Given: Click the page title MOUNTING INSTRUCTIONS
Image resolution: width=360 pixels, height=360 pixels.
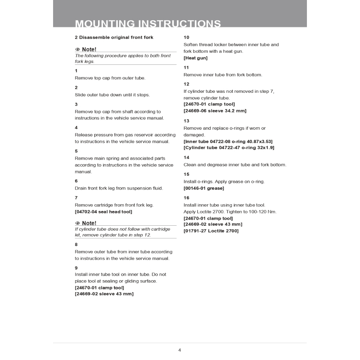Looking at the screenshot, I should click(x=148, y=24).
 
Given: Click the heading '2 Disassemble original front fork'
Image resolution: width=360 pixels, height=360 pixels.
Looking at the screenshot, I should click(x=114, y=37).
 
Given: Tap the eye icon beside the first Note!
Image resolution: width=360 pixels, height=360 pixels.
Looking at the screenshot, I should click(x=78, y=50).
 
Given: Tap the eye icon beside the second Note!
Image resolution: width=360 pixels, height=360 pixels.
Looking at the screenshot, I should click(x=78, y=223).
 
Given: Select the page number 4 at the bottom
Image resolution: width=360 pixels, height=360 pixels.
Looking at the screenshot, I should click(x=180, y=350).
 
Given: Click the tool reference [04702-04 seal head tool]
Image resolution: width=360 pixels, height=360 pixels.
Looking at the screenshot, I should click(x=103, y=212).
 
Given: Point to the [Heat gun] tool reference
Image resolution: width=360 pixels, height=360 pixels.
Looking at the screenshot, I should click(x=195, y=58).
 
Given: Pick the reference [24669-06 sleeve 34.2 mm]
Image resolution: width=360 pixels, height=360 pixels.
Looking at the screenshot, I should click(x=215, y=111).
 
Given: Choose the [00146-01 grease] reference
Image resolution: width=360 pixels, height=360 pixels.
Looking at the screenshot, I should click(x=204, y=188).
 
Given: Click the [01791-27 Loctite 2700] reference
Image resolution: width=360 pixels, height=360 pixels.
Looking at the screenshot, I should click(x=211, y=231).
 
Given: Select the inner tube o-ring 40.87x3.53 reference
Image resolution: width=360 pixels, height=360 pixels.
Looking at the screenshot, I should click(x=228, y=141).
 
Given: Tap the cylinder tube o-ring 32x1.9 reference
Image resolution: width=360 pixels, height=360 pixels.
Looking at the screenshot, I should click(x=229, y=148).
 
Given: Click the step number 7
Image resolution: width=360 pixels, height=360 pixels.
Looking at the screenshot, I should click(x=76, y=198).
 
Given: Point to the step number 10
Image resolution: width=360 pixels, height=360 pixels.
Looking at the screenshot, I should click(x=186, y=37).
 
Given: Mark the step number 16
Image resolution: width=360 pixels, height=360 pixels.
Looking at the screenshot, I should click(x=186, y=198).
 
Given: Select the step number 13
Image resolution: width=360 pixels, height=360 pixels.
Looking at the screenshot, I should click(x=186, y=121).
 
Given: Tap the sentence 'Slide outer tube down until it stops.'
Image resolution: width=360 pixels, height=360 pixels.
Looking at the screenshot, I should click(x=112, y=95).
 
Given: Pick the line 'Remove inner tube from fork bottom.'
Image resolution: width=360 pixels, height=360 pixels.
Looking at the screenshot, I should click(x=223, y=75).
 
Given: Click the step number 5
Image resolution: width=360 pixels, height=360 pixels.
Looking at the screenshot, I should click(x=76, y=151).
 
